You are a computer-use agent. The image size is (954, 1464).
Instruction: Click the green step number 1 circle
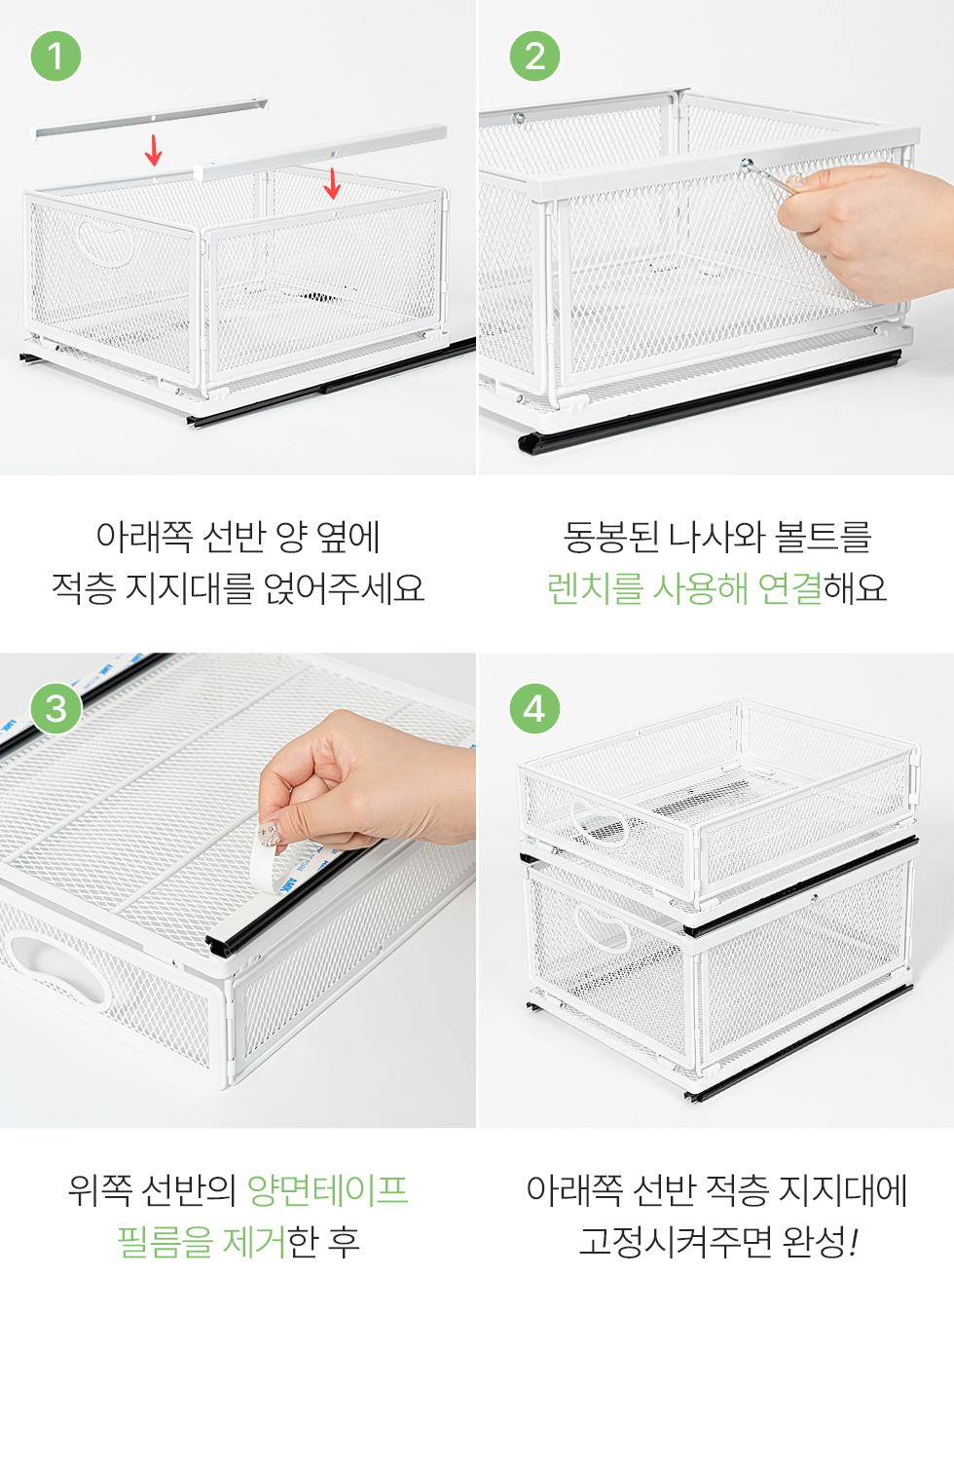click(56, 56)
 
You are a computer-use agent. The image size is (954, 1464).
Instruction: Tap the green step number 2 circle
click(534, 56)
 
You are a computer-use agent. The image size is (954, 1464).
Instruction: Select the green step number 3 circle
click(56, 708)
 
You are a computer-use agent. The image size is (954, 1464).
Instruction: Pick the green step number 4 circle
click(534, 708)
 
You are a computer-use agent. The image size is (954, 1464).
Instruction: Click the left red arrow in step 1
click(154, 150)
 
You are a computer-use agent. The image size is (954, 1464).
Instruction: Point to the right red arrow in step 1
click(332, 184)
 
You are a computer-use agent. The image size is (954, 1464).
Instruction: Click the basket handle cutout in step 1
click(105, 242)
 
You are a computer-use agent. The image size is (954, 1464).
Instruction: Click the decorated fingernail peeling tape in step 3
click(269, 835)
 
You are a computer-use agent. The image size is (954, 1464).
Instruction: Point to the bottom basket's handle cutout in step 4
click(602, 927)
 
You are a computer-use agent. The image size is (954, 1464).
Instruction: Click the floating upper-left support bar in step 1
click(151, 118)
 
